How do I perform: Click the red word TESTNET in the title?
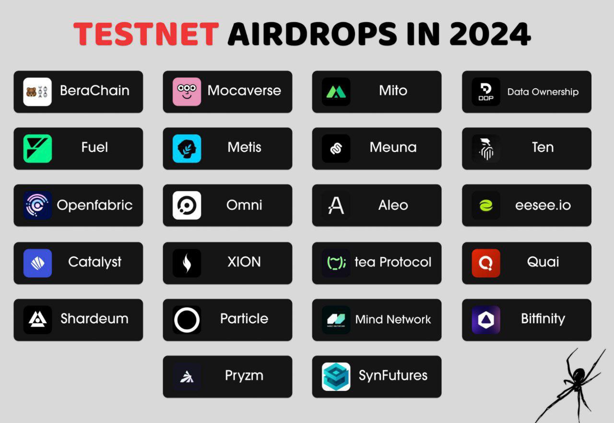point(146,34)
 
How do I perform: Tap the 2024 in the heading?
point(490,34)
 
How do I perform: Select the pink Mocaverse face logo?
point(187,92)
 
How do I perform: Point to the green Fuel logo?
point(37,148)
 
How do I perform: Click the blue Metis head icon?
point(187,148)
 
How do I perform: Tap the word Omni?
point(244,205)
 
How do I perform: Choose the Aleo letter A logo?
point(336,205)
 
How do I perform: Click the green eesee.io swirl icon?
point(486,205)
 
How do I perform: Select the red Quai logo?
point(486,263)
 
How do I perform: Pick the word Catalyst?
point(94,262)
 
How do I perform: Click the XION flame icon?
point(187,263)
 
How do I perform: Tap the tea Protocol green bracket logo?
point(336,263)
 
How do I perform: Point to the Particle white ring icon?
point(175,320)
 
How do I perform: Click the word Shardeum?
point(94,318)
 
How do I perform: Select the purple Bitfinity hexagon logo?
point(486,320)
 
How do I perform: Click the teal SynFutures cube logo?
point(336,376)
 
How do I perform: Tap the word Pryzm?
point(244,375)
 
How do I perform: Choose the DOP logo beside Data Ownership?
point(486,92)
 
